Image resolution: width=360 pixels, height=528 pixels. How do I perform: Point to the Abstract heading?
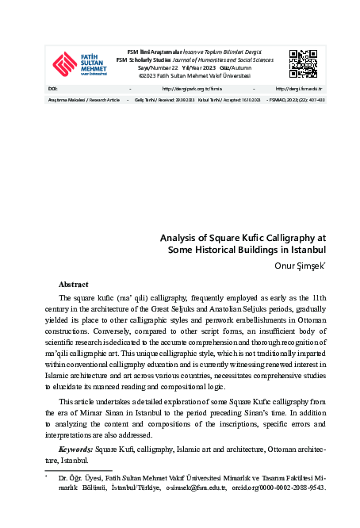point(73,284)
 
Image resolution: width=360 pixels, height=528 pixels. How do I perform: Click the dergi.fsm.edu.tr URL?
point(300,89)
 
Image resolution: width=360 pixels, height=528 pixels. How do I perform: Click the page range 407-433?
point(315,101)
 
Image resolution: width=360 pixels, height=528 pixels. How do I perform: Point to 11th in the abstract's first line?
point(316,297)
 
